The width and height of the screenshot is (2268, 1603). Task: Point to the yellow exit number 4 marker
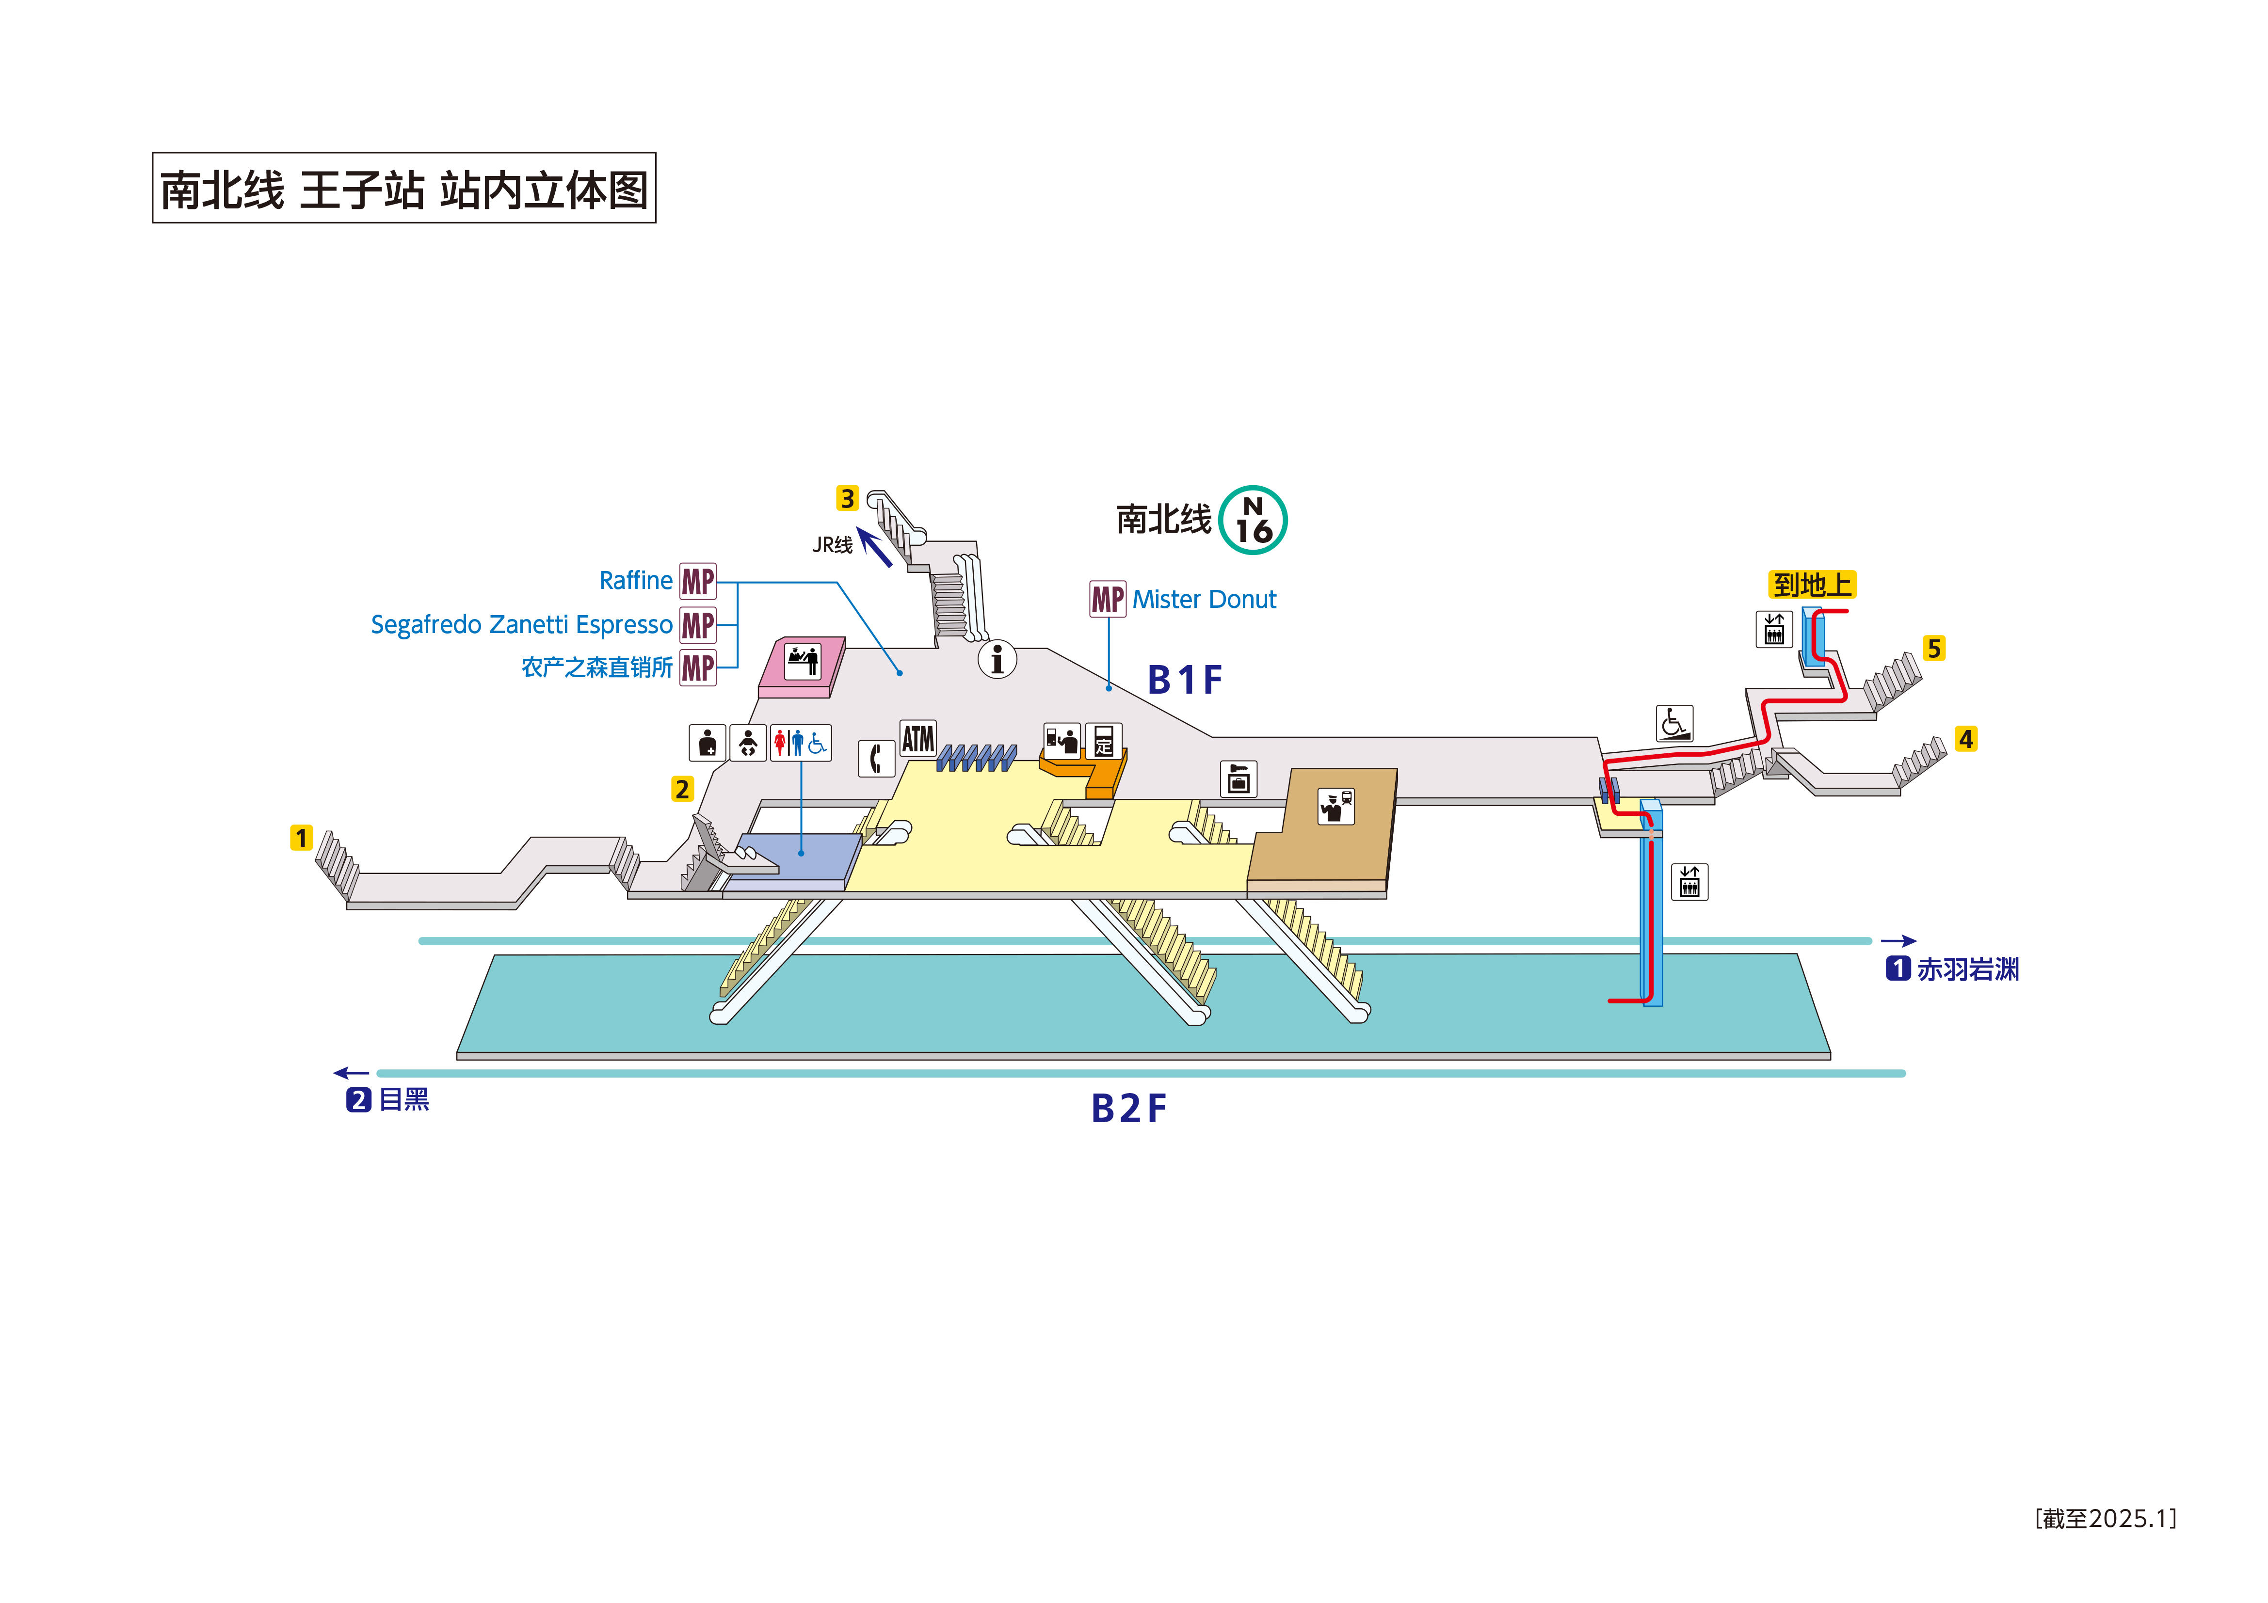click(x=1966, y=739)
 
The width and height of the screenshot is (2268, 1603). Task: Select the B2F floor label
click(x=1128, y=1108)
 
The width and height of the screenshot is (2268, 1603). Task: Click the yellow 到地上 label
click(x=1812, y=585)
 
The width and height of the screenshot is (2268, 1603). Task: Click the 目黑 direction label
click(x=403, y=1099)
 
